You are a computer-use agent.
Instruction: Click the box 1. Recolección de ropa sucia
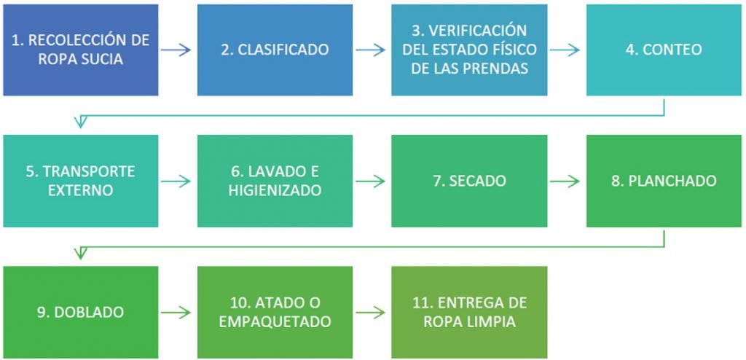click(80, 50)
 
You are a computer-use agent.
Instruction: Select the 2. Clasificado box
click(275, 50)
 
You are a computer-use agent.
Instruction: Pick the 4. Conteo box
click(663, 50)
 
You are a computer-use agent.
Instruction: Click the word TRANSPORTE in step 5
click(80, 172)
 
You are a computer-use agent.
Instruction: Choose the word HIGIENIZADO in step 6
click(275, 190)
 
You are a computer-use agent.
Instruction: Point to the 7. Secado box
click(469, 181)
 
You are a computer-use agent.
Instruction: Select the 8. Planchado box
click(663, 181)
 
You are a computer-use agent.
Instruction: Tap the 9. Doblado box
click(80, 312)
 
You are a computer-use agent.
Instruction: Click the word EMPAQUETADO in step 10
click(275, 321)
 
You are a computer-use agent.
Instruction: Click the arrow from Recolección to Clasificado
click(176, 50)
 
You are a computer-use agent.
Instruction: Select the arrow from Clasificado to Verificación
click(371, 50)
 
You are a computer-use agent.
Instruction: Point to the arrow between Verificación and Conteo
click(565, 50)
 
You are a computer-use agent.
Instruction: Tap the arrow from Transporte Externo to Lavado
click(176, 181)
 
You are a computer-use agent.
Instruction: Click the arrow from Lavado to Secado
click(371, 181)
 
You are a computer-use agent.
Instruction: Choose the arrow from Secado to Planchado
click(565, 181)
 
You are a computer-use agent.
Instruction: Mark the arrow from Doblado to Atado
click(176, 312)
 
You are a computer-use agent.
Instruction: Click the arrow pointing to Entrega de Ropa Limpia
click(371, 312)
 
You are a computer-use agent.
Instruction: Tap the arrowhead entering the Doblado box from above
click(81, 254)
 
